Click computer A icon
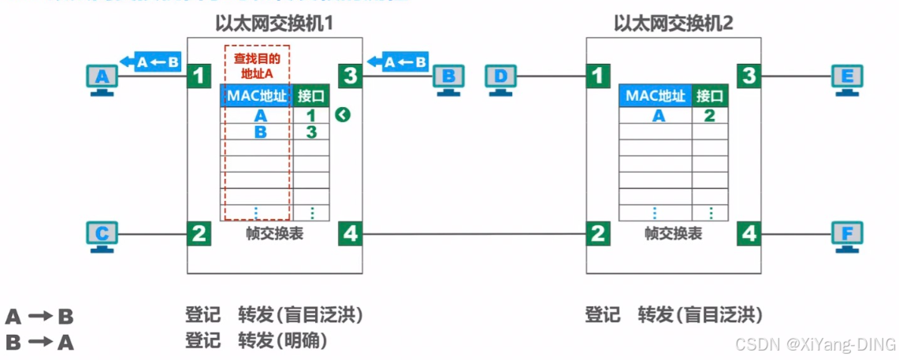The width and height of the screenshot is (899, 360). coord(102,79)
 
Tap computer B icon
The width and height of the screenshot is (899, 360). coord(448,79)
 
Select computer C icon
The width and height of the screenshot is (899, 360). coord(102,236)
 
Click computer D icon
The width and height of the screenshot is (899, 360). coord(500,79)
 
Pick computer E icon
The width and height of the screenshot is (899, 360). coord(848,79)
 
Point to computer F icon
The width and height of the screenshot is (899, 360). coord(848,236)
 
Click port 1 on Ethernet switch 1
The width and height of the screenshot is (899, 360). coord(199,76)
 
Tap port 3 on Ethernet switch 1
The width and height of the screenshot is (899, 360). coord(351,76)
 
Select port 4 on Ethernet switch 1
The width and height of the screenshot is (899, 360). coord(351,234)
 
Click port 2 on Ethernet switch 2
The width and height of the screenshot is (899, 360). coord(598,234)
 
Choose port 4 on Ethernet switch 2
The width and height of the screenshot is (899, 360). coord(749,234)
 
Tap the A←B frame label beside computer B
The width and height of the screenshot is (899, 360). coord(405,61)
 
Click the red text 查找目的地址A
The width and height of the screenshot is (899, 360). coord(257,66)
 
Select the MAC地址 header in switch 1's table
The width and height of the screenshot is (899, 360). coord(257,96)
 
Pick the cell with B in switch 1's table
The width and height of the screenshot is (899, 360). coord(260,132)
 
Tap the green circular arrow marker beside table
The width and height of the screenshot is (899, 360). coord(342,116)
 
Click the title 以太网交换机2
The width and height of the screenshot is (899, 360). coord(673,24)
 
